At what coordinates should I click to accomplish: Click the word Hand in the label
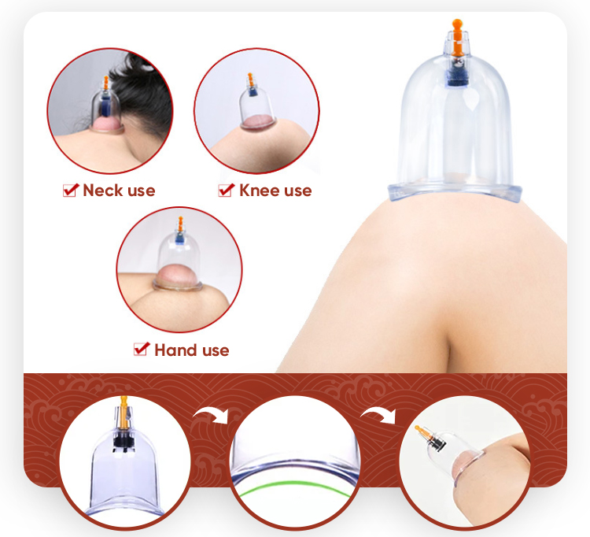click(175, 350)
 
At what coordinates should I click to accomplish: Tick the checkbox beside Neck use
click(70, 190)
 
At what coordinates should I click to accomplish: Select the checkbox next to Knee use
click(226, 190)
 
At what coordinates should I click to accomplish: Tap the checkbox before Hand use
click(142, 350)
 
